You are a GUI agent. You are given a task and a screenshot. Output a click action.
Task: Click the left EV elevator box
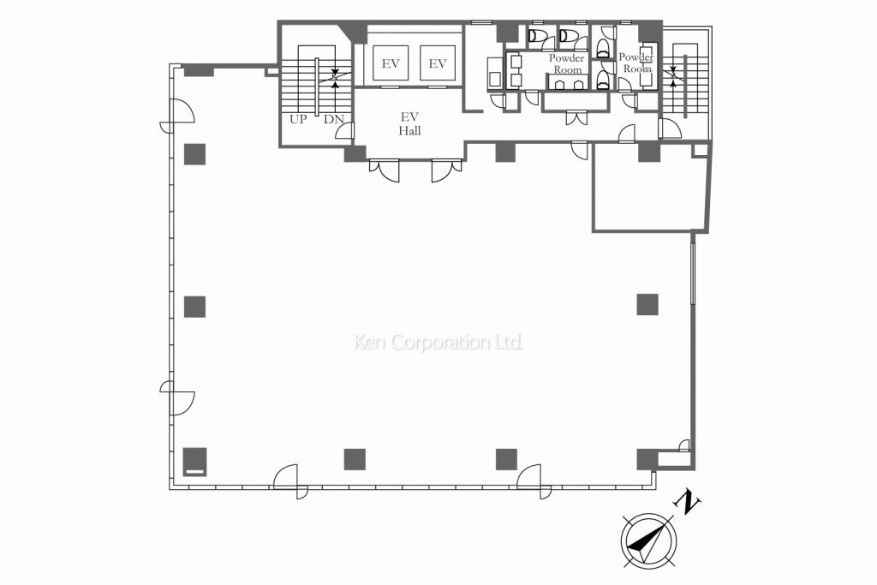click(x=391, y=63)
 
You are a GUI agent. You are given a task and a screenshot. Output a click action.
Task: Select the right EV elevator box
click(x=438, y=63)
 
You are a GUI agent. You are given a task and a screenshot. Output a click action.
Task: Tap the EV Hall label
click(x=410, y=123)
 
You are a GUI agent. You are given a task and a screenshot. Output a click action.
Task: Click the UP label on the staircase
click(x=298, y=119)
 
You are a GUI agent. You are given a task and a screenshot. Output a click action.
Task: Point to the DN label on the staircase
click(x=334, y=119)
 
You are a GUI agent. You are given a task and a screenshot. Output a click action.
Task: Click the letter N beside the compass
click(x=689, y=502)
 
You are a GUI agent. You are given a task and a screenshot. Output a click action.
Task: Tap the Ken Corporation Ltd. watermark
click(x=438, y=342)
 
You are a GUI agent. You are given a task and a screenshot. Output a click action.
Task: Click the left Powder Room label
click(x=567, y=63)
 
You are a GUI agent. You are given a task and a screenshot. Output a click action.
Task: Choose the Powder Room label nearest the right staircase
click(x=636, y=63)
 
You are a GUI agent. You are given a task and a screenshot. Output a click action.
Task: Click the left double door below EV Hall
click(x=385, y=170)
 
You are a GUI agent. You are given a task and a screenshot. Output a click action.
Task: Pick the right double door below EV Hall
click(x=446, y=170)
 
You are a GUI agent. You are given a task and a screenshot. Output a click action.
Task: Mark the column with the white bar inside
click(x=195, y=462)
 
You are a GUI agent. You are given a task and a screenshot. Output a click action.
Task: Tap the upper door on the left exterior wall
click(x=178, y=116)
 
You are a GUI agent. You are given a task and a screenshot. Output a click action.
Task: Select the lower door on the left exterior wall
click(x=178, y=398)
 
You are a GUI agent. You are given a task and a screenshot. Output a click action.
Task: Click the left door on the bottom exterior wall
click(x=290, y=481)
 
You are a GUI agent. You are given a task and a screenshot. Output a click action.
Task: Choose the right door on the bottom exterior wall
click(x=534, y=481)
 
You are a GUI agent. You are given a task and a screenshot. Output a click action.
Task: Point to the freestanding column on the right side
click(x=647, y=304)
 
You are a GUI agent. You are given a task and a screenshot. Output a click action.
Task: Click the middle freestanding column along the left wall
click(x=195, y=307)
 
